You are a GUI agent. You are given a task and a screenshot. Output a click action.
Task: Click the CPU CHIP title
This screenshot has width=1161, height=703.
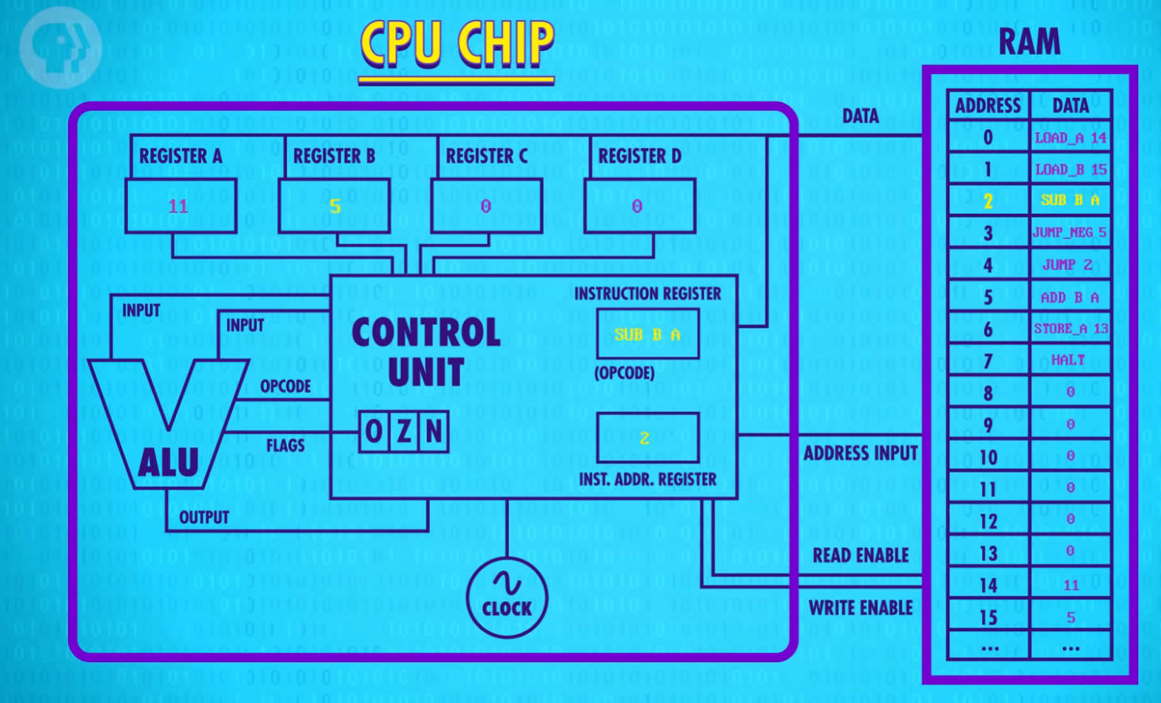[457, 44]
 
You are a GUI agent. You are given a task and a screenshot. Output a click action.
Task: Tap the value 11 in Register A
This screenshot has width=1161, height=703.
[178, 206]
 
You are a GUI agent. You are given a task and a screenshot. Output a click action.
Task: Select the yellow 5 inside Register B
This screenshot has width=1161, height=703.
[335, 206]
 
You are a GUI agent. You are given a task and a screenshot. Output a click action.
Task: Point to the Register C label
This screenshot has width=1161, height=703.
[486, 157]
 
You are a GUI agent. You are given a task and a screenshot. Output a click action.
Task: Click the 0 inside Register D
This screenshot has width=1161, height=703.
[637, 206]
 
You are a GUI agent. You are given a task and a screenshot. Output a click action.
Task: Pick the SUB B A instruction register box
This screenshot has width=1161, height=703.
[647, 334]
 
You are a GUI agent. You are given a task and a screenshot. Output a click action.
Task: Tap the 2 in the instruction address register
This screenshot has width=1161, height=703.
[645, 439]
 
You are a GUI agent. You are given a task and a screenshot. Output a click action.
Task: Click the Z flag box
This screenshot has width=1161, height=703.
[404, 431]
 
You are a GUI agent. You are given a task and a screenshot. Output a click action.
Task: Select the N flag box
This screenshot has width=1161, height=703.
[434, 431]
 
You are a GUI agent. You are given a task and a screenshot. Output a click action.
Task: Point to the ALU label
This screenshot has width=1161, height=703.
[169, 462]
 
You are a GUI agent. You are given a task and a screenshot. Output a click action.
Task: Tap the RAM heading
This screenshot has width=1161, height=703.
[1029, 42]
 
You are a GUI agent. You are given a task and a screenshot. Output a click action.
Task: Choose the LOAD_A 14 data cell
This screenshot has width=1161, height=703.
[1070, 138]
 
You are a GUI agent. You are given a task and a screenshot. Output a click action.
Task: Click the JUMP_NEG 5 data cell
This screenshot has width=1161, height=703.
[1070, 232]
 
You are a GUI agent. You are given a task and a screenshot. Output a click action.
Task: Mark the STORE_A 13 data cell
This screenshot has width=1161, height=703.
[1070, 329]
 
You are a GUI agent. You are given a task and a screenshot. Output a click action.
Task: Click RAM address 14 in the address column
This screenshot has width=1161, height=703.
[989, 586]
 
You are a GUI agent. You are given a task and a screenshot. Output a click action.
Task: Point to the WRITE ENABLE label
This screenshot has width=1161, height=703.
[860, 608]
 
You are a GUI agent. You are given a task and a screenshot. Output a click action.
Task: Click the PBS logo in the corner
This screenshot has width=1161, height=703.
[59, 46]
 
